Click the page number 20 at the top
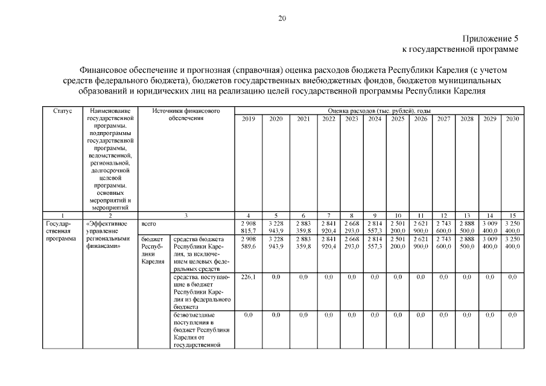(282, 18)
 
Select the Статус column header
(62, 112)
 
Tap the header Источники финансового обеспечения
(186, 115)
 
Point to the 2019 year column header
(248, 119)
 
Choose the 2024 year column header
(374, 119)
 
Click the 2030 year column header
(512, 119)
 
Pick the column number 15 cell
(512, 215)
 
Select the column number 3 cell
(186, 215)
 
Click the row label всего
(148, 224)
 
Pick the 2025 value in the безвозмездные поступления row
(397, 315)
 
